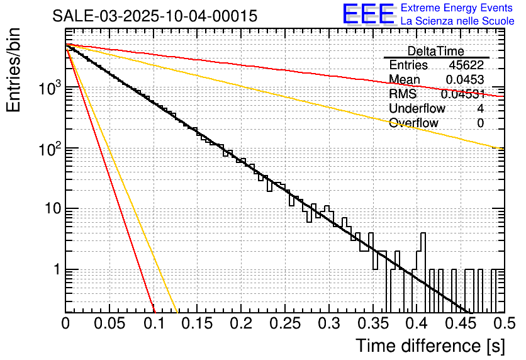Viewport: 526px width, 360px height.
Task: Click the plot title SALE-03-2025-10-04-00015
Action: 155,16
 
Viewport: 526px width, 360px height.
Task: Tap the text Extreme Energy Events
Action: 457,8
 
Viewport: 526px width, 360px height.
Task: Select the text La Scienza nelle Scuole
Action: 457,21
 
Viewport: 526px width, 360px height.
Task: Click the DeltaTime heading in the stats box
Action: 435,51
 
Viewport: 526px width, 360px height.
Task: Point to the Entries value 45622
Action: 466,65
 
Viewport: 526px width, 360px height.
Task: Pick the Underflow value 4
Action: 481,109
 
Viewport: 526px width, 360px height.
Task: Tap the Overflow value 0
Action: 481,123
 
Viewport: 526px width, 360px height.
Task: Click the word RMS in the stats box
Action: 403,94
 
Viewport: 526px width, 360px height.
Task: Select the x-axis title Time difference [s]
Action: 429,346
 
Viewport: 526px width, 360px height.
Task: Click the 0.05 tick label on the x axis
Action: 109,323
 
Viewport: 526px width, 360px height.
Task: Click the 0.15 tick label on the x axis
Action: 197,323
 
